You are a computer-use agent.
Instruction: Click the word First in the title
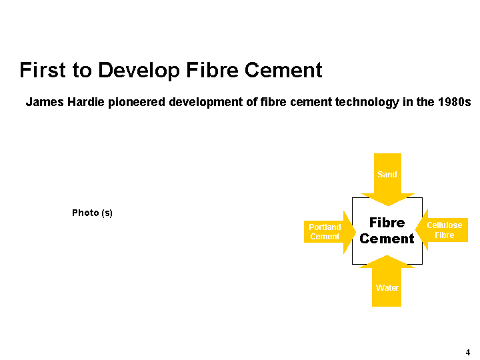43,70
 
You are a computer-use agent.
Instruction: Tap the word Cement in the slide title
283,70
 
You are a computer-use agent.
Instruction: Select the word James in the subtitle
45,102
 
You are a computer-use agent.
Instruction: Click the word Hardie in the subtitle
86,102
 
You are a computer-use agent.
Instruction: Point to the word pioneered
137,102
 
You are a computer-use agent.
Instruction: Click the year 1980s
454,102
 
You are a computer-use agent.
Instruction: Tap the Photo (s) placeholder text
92,213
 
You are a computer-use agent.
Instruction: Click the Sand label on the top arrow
387,175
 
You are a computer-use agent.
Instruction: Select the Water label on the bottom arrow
387,288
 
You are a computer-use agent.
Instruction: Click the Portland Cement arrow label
325,232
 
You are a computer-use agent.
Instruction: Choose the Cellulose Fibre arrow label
445,230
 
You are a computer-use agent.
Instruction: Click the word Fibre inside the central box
387,223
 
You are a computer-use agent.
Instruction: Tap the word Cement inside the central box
387,239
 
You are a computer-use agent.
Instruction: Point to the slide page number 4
468,353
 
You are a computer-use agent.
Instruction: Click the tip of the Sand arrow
388,206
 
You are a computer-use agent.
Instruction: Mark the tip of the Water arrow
387,255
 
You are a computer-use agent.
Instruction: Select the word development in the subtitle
206,102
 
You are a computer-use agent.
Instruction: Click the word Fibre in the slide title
212,70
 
